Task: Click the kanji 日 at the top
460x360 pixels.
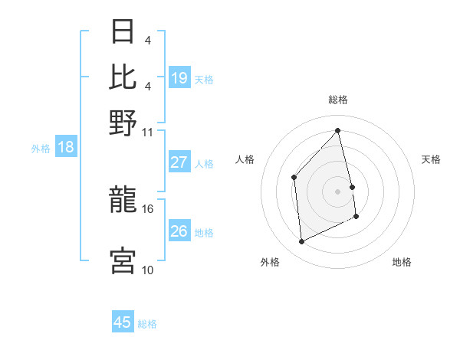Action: pos(123,32)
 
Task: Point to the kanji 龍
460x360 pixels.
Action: pos(123,200)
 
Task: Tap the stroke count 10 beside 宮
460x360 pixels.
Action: pos(147,270)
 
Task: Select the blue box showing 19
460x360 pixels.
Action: pos(179,77)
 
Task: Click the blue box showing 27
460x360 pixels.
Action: pos(179,162)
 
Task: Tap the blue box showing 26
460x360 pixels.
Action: pos(179,231)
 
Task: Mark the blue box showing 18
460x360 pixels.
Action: pos(65,147)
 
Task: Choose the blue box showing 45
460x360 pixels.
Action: pos(123,322)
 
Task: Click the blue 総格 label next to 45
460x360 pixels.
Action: pos(147,324)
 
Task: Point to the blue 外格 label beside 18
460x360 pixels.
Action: pos(40,149)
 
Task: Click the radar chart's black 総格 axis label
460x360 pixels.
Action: pos(338,100)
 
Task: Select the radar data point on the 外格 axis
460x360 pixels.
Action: pos(302,242)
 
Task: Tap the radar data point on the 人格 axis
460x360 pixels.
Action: pos(294,178)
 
